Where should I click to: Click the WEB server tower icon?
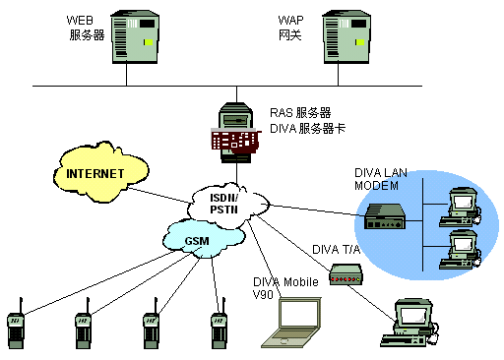(x=135, y=36)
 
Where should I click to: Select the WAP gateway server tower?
(x=346, y=36)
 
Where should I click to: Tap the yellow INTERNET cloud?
(x=101, y=172)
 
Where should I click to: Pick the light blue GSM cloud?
(x=204, y=239)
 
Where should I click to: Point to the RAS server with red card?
(x=236, y=133)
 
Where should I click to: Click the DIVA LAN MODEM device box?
(x=385, y=216)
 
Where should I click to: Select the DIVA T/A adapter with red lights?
(x=346, y=274)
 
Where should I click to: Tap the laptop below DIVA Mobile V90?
(x=291, y=323)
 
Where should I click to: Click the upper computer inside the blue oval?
(x=460, y=208)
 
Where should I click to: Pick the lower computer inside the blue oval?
(x=460, y=250)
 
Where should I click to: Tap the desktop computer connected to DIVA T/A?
(x=409, y=323)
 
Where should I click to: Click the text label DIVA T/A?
(x=336, y=250)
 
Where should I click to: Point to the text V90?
(x=263, y=294)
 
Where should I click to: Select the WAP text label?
(x=290, y=21)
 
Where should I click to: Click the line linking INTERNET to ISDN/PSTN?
(x=158, y=196)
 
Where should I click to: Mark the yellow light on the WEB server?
(x=149, y=42)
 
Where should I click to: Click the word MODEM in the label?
(x=376, y=186)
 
